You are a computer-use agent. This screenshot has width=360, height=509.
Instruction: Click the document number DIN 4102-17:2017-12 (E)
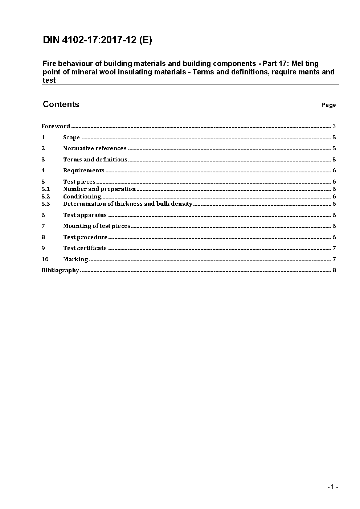coord(97,40)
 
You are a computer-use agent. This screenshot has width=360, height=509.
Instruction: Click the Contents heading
coord(61,104)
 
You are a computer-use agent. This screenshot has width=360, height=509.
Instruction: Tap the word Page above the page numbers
coord(328,105)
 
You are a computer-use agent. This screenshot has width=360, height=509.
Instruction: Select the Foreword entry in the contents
coord(56,126)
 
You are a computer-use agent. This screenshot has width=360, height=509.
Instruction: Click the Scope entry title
coord(71,137)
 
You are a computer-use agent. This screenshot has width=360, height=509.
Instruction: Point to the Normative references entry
coord(95,148)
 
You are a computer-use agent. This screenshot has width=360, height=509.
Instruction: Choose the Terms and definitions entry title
coord(95,160)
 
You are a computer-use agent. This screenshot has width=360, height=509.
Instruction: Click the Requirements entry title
coord(84,171)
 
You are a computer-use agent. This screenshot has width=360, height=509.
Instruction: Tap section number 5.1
coord(45,189)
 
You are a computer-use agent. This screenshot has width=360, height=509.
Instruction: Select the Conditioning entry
coord(82,197)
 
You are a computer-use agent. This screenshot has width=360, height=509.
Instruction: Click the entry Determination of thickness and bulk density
coord(128,204)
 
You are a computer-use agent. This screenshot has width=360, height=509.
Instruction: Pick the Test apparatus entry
coord(85,215)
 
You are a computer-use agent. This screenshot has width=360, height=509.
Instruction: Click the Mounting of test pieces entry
coord(97,226)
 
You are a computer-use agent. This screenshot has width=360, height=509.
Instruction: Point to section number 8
coord(43,237)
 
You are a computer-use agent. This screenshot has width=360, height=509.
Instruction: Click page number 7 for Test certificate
coord(334,248)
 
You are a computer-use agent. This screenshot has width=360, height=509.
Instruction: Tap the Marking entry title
coord(75,259)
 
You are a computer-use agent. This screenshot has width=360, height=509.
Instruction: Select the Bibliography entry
coord(60,270)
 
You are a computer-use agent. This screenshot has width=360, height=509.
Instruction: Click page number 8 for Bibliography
coord(334,270)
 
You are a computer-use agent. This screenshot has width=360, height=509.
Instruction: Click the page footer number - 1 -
coord(332,487)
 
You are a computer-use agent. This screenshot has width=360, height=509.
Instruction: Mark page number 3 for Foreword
coord(334,126)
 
